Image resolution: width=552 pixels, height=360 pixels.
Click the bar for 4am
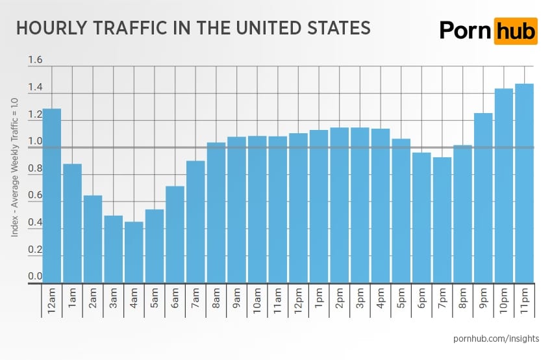[x=134, y=252]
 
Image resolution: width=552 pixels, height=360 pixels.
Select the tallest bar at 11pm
[x=524, y=183]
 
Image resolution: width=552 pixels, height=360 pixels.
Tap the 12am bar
[x=52, y=196]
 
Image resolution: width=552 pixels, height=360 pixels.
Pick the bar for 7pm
[x=442, y=220]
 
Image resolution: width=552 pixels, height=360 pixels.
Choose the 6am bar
[x=175, y=234]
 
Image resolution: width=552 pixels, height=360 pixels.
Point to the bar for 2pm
[x=340, y=205]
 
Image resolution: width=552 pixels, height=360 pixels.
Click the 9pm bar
[x=483, y=198]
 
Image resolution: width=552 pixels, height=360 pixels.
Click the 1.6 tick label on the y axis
[x=35, y=60]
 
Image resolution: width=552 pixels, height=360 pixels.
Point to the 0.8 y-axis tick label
[x=35, y=168]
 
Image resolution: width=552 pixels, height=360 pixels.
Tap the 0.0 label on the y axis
[x=35, y=276]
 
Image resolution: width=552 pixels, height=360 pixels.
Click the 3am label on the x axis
[x=114, y=298]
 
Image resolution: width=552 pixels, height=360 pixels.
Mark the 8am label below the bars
[x=216, y=298]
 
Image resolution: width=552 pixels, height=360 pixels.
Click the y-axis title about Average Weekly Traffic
[x=14, y=167]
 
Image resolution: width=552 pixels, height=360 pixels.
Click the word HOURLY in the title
[x=52, y=28]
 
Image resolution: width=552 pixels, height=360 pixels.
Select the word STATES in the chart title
[x=339, y=28]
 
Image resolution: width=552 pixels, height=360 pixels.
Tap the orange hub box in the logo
[x=516, y=31]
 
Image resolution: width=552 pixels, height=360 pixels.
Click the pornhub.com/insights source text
[x=496, y=339]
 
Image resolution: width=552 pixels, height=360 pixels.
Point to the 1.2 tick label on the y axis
[x=35, y=114]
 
